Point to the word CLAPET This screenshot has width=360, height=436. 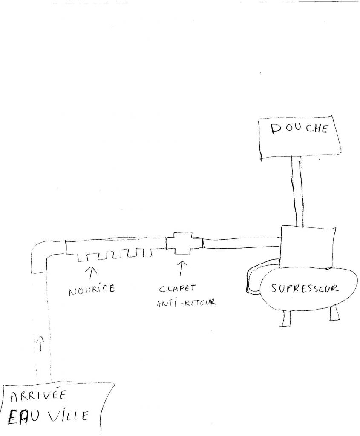(x=178, y=288)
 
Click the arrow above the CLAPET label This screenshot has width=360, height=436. (x=183, y=269)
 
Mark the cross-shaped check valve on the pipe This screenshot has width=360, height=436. (x=183, y=243)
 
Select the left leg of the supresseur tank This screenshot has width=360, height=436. (x=287, y=317)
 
